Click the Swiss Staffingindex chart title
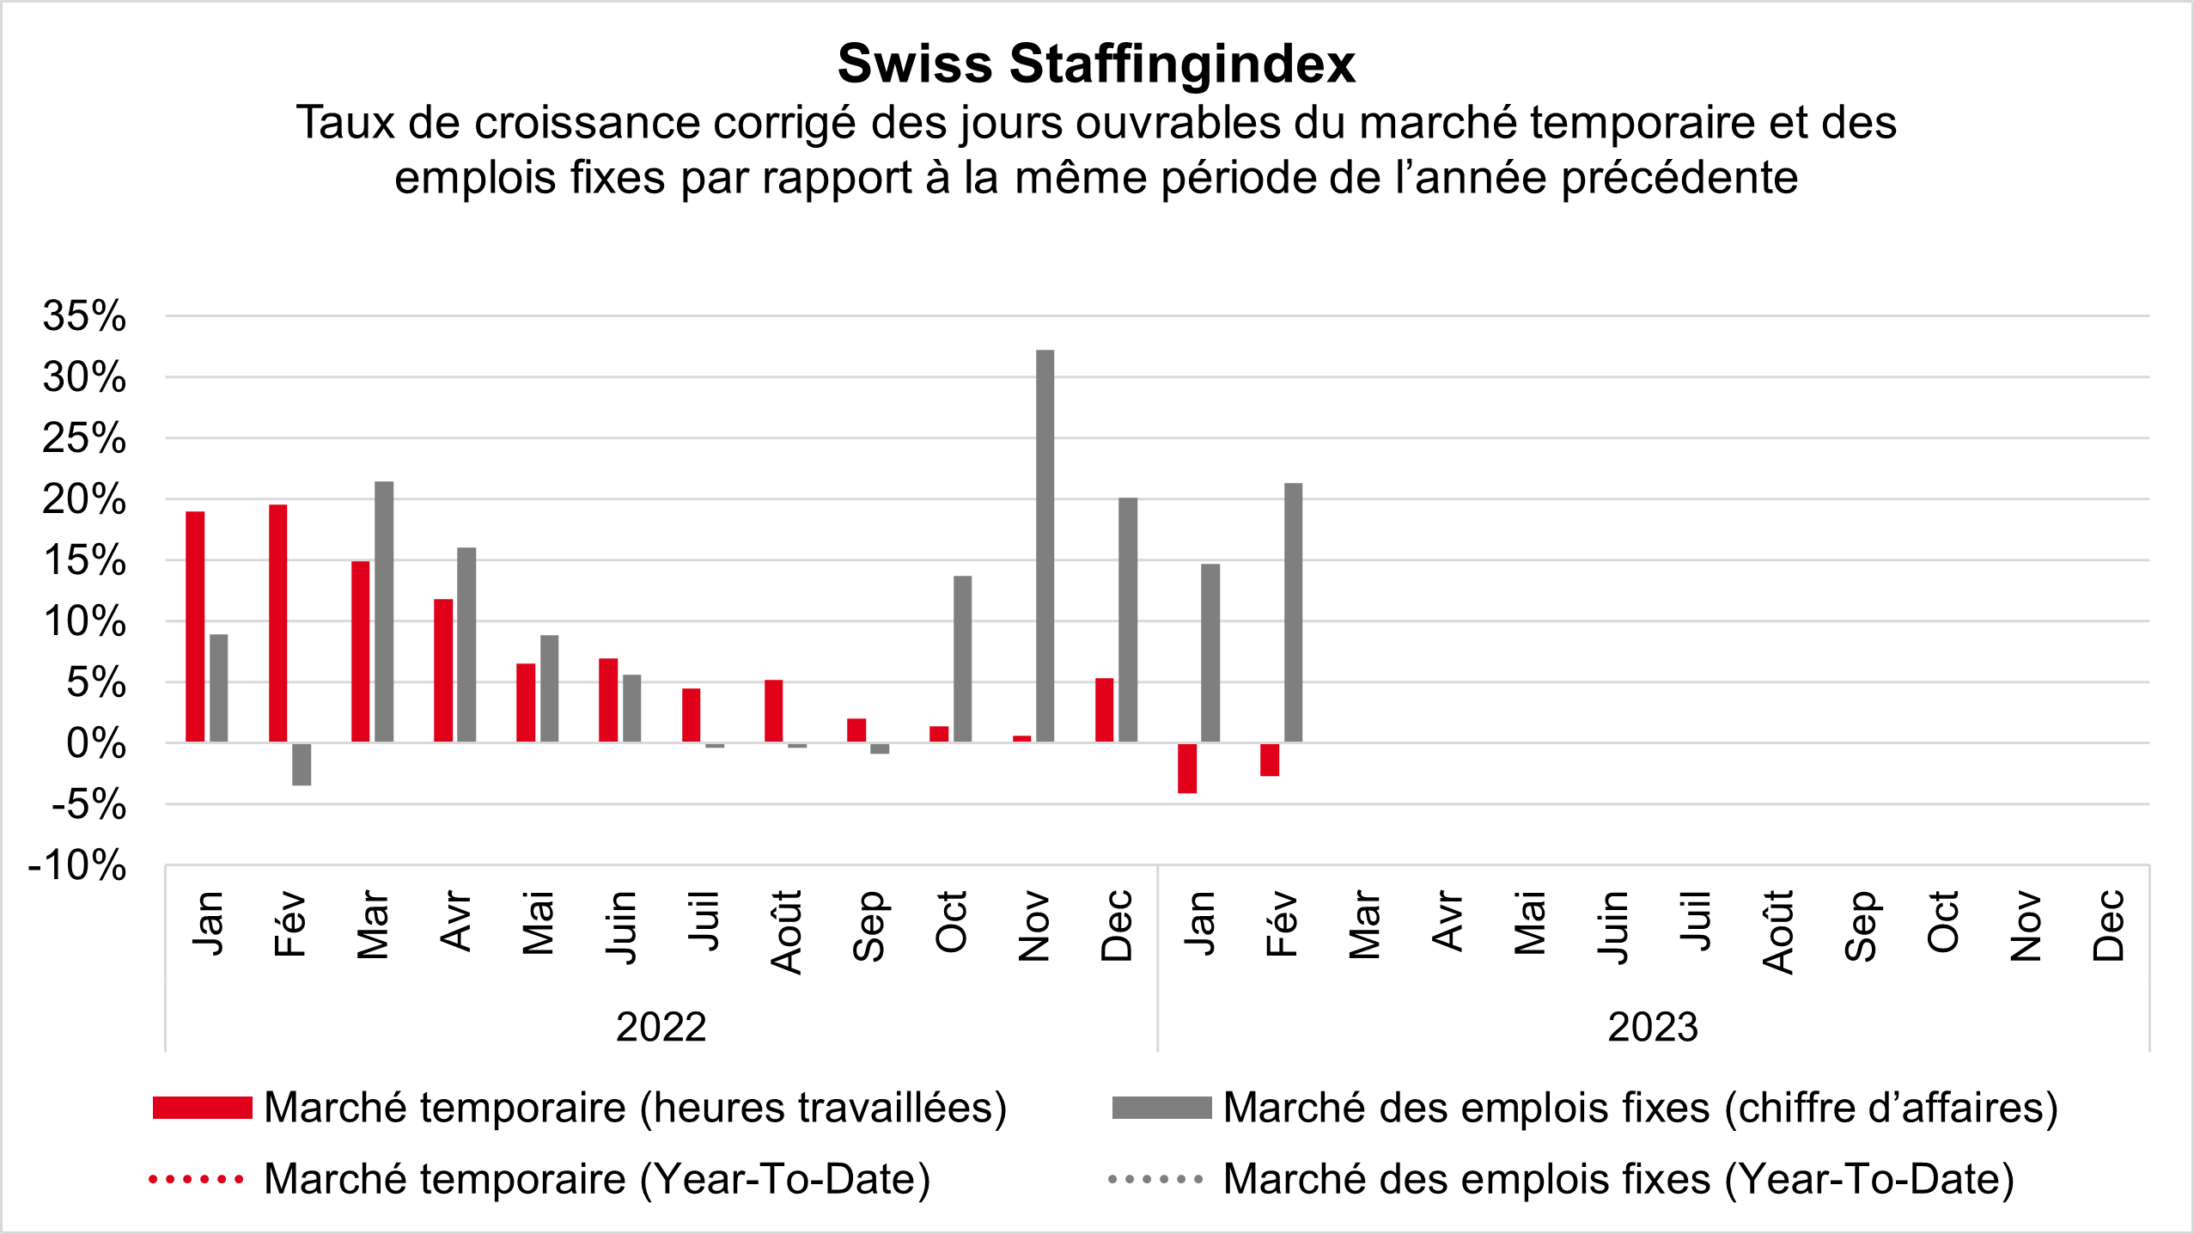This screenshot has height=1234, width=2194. click(x=1096, y=64)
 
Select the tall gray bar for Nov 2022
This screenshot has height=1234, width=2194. click(x=1045, y=546)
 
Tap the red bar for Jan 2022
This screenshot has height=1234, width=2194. click(x=195, y=626)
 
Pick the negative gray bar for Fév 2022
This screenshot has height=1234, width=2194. click(x=302, y=764)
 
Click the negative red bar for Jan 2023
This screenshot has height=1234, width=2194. click(x=1187, y=768)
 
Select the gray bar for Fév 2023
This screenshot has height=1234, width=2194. click(x=1293, y=613)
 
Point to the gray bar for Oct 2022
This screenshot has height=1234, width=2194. click(x=962, y=659)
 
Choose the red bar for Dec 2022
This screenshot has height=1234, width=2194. click(x=1104, y=710)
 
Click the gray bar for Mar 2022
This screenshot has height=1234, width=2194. click(x=384, y=612)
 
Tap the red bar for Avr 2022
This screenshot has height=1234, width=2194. click(x=443, y=670)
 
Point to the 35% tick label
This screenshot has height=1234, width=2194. click(x=84, y=316)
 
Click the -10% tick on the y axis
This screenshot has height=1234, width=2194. click(x=77, y=865)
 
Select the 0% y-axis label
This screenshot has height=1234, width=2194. click(x=95, y=743)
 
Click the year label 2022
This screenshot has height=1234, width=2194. click(x=661, y=1027)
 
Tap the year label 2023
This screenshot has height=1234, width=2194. click(x=1653, y=1027)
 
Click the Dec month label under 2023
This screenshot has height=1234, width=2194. click(x=2109, y=925)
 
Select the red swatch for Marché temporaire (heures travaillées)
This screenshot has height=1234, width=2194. click(x=202, y=1108)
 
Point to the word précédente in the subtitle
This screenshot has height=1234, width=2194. click(x=1679, y=178)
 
